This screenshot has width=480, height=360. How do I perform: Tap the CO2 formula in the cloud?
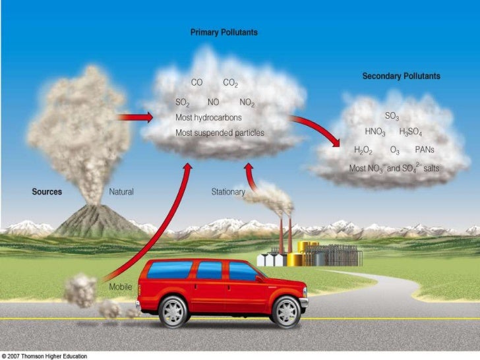point(231,84)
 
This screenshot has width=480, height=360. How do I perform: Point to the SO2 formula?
point(183,103)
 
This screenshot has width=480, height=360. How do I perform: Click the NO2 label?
point(247,103)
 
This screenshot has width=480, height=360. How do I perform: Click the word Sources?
point(47,192)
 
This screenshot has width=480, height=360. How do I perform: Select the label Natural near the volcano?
point(121,192)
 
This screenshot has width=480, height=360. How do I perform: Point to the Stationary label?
point(228,192)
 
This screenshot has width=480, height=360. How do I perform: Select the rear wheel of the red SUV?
point(173,311)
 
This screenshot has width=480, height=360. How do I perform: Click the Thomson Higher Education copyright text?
point(49,355)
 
